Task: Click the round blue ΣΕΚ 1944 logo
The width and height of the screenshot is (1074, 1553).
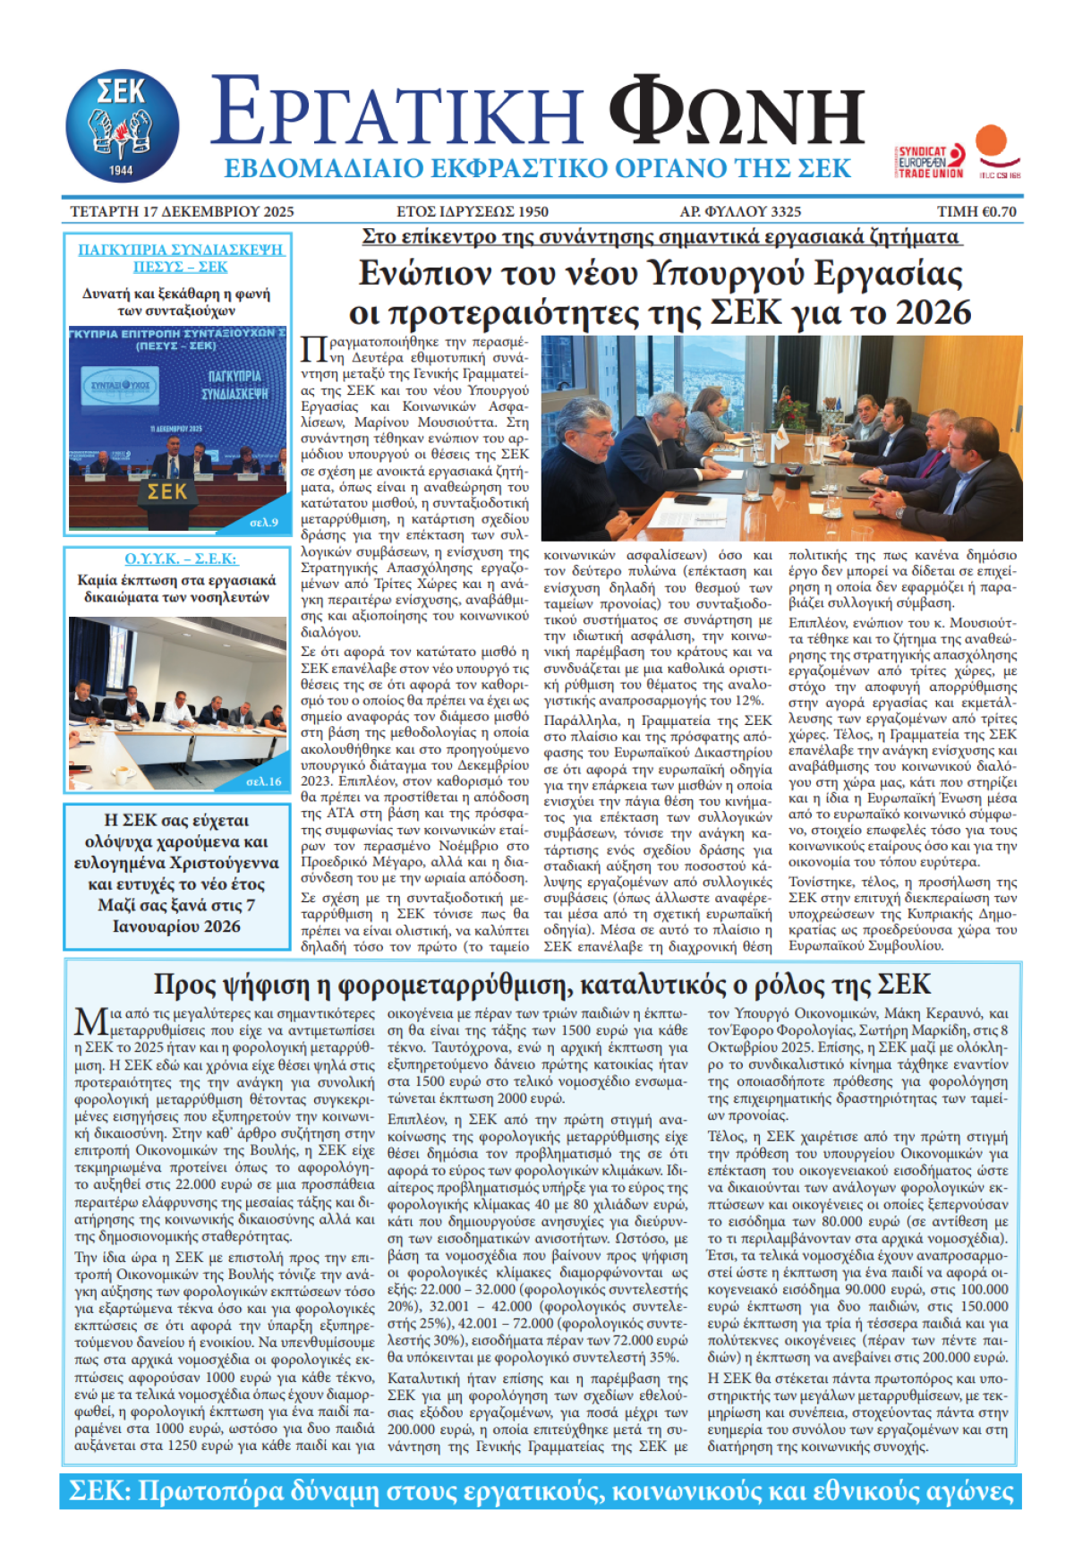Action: click(122, 126)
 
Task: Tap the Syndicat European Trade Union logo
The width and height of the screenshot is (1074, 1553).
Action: click(931, 161)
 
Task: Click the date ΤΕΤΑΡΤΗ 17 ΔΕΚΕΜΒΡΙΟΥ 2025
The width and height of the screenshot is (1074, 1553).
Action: click(182, 212)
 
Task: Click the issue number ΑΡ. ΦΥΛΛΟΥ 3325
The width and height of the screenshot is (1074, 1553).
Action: click(740, 212)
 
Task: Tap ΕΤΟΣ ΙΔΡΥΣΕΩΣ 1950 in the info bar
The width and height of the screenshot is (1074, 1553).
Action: click(473, 212)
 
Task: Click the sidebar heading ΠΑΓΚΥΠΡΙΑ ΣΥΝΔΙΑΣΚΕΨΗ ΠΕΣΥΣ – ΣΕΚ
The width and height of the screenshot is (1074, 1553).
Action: click(179, 258)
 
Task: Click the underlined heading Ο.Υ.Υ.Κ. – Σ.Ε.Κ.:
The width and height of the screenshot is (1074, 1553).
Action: click(181, 559)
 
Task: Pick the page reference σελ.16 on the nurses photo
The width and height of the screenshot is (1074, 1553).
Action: click(263, 781)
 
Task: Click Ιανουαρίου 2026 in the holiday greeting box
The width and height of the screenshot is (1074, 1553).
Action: click(176, 926)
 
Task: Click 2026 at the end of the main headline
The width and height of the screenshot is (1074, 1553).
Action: click(933, 312)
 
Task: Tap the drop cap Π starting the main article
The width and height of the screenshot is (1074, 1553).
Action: click(313, 349)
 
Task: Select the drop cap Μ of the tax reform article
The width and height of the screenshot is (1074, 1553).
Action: click(90, 1022)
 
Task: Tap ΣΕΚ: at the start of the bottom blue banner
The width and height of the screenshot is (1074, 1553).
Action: click(101, 1491)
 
